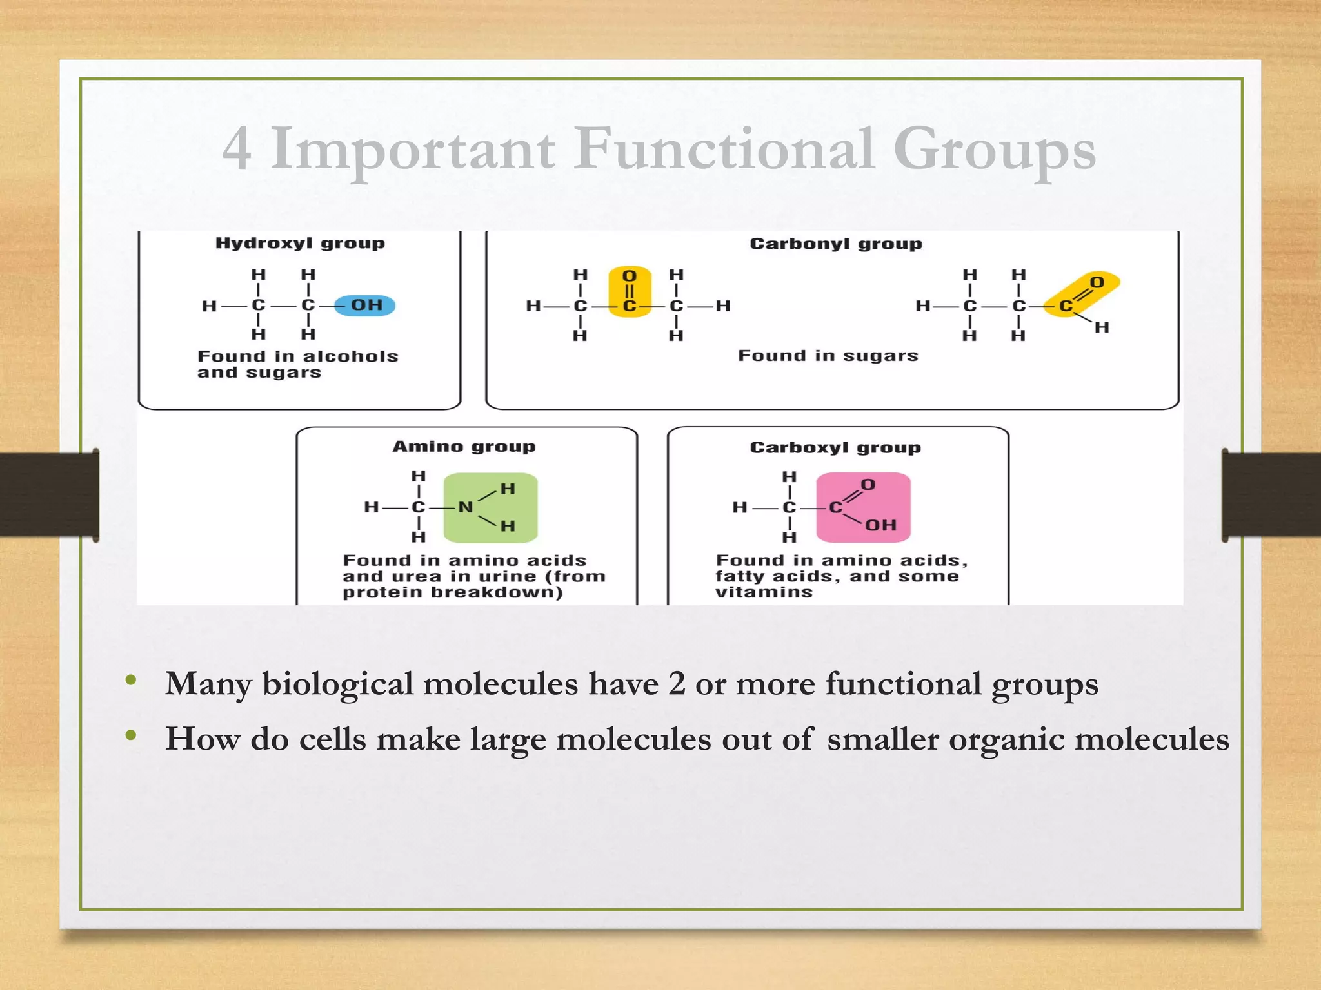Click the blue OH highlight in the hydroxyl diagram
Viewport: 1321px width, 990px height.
click(x=366, y=305)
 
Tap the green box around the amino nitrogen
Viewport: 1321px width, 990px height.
click(x=490, y=508)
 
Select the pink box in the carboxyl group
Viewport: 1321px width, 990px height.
click(x=863, y=507)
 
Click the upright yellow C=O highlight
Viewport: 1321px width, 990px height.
click(x=630, y=292)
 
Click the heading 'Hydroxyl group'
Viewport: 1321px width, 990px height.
click(x=300, y=244)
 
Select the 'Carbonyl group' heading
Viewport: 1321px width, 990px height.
click(x=835, y=244)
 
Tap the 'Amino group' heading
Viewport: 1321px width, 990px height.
click(x=464, y=447)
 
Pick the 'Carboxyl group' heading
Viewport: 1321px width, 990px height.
click(x=835, y=448)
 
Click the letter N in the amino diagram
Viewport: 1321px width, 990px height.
click(x=465, y=508)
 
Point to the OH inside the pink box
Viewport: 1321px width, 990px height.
click(x=880, y=525)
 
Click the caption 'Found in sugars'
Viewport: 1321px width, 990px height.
click(x=828, y=356)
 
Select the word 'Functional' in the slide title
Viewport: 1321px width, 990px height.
click(x=724, y=149)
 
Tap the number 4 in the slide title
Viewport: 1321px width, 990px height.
click(x=237, y=149)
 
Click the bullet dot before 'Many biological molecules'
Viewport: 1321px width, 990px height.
click(x=132, y=681)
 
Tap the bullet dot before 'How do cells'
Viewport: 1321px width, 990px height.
click(x=132, y=735)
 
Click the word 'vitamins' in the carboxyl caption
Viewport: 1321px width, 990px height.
click(x=764, y=592)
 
